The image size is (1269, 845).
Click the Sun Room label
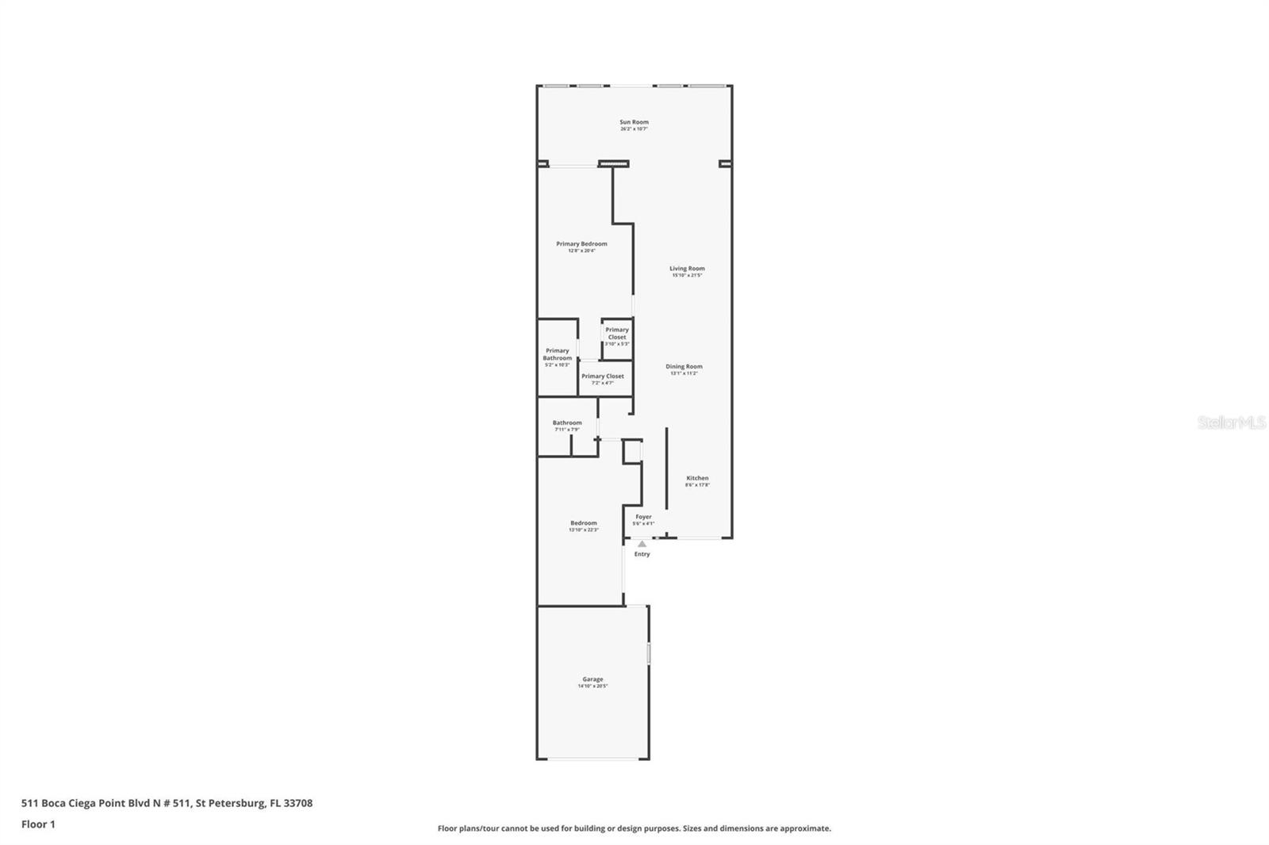[634, 123]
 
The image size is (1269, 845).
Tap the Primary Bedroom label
[581, 244]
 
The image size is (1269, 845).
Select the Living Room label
[687, 270]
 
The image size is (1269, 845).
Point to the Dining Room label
[684, 367]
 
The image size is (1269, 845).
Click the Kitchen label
[697, 479]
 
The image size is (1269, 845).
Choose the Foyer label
[643, 518]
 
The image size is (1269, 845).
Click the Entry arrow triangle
[642, 544]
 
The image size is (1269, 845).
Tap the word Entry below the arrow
[642, 554]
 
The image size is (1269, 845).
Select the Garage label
[592, 680]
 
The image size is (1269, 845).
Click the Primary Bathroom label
[557, 355]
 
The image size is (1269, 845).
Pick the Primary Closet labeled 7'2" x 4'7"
[603, 377]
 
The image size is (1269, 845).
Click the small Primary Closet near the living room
[617, 334]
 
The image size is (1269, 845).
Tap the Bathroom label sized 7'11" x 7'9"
[567, 424]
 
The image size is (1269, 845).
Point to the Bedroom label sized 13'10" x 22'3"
[583, 524]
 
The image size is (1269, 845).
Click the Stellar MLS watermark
[1231, 423]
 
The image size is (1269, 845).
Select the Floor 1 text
[38, 824]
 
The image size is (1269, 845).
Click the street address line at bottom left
[167, 803]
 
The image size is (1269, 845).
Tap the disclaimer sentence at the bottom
[634, 828]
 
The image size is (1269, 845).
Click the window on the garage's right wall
[649, 654]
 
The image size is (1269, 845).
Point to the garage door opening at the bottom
[593, 759]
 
